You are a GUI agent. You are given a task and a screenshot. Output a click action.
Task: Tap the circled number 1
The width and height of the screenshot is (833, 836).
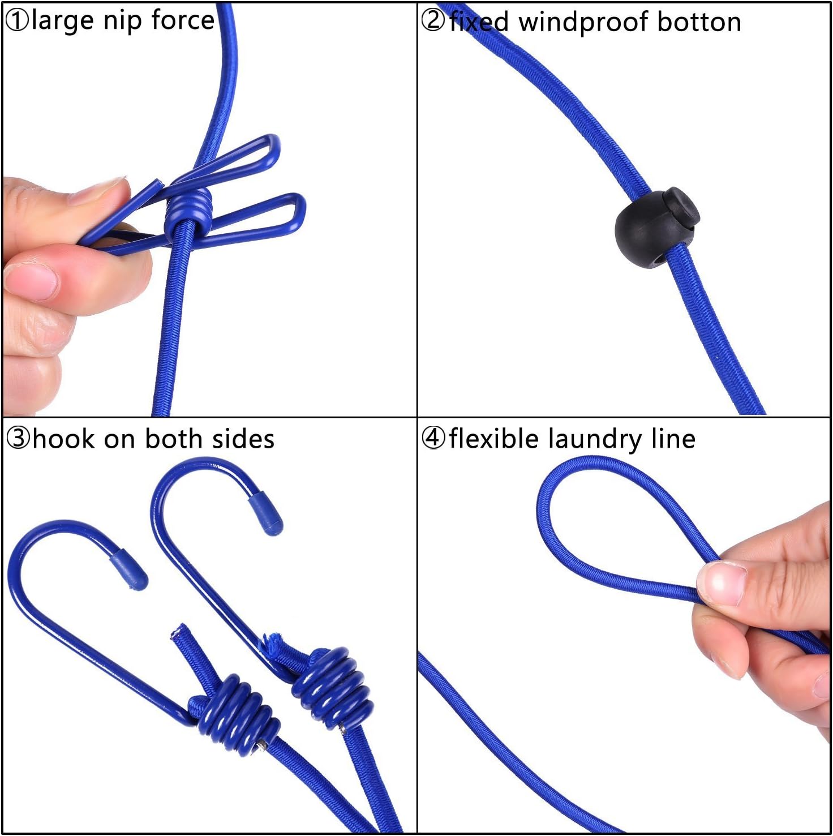pos(17,22)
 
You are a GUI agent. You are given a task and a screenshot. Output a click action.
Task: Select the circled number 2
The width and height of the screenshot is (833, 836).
pos(433,21)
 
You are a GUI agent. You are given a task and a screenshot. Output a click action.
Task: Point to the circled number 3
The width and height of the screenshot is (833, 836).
pos(18,439)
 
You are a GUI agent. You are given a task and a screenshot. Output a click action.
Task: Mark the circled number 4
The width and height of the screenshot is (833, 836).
pos(433,439)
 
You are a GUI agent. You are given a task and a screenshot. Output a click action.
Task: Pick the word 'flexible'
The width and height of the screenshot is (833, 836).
pos(493,439)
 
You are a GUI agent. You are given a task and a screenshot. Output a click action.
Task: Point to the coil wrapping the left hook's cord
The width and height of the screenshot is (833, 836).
pos(235,713)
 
